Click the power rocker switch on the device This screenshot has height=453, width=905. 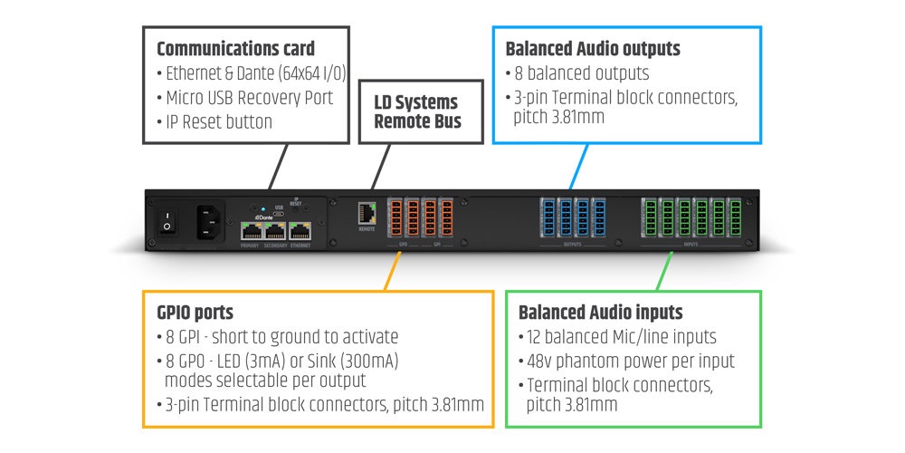coord(166,220)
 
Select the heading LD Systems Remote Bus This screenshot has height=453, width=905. coord(416,111)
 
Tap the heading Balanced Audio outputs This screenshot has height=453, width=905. coord(593,49)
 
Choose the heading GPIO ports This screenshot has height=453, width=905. coord(195,313)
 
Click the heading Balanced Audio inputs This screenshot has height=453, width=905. coord(600,313)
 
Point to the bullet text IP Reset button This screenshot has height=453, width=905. coord(220,121)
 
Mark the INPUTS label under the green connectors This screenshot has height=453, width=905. coord(691,244)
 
